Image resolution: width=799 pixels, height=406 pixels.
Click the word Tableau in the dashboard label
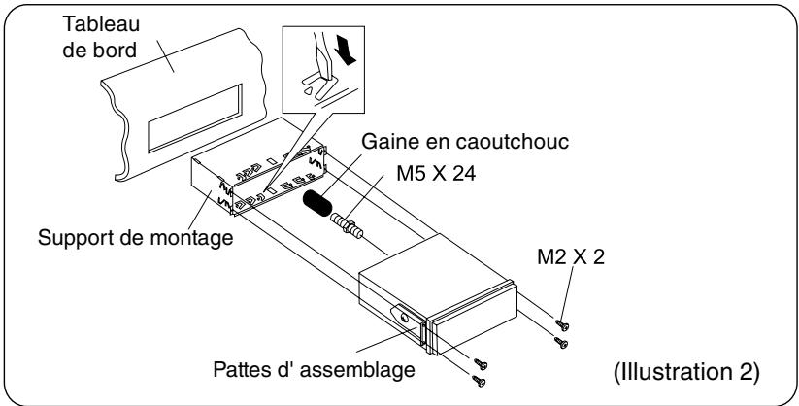click(100, 24)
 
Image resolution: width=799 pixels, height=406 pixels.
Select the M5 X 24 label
click(436, 174)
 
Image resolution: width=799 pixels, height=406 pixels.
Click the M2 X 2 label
click(571, 257)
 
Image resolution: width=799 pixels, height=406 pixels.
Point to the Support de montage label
click(136, 238)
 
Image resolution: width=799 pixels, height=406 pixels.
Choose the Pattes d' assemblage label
click(314, 369)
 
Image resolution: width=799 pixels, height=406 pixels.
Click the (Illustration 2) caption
click(687, 372)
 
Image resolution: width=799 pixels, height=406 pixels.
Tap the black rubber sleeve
click(316, 203)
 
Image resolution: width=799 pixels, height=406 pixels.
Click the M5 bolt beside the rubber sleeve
click(347, 226)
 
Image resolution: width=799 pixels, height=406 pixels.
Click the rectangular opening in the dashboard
click(195, 118)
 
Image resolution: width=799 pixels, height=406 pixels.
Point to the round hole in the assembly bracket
click(404, 318)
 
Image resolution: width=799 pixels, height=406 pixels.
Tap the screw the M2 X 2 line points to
click(562, 325)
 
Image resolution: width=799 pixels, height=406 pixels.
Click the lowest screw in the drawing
click(479, 381)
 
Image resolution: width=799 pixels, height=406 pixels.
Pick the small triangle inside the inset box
click(307, 90)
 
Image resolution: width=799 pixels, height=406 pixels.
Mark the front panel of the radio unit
click(473, 319)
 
